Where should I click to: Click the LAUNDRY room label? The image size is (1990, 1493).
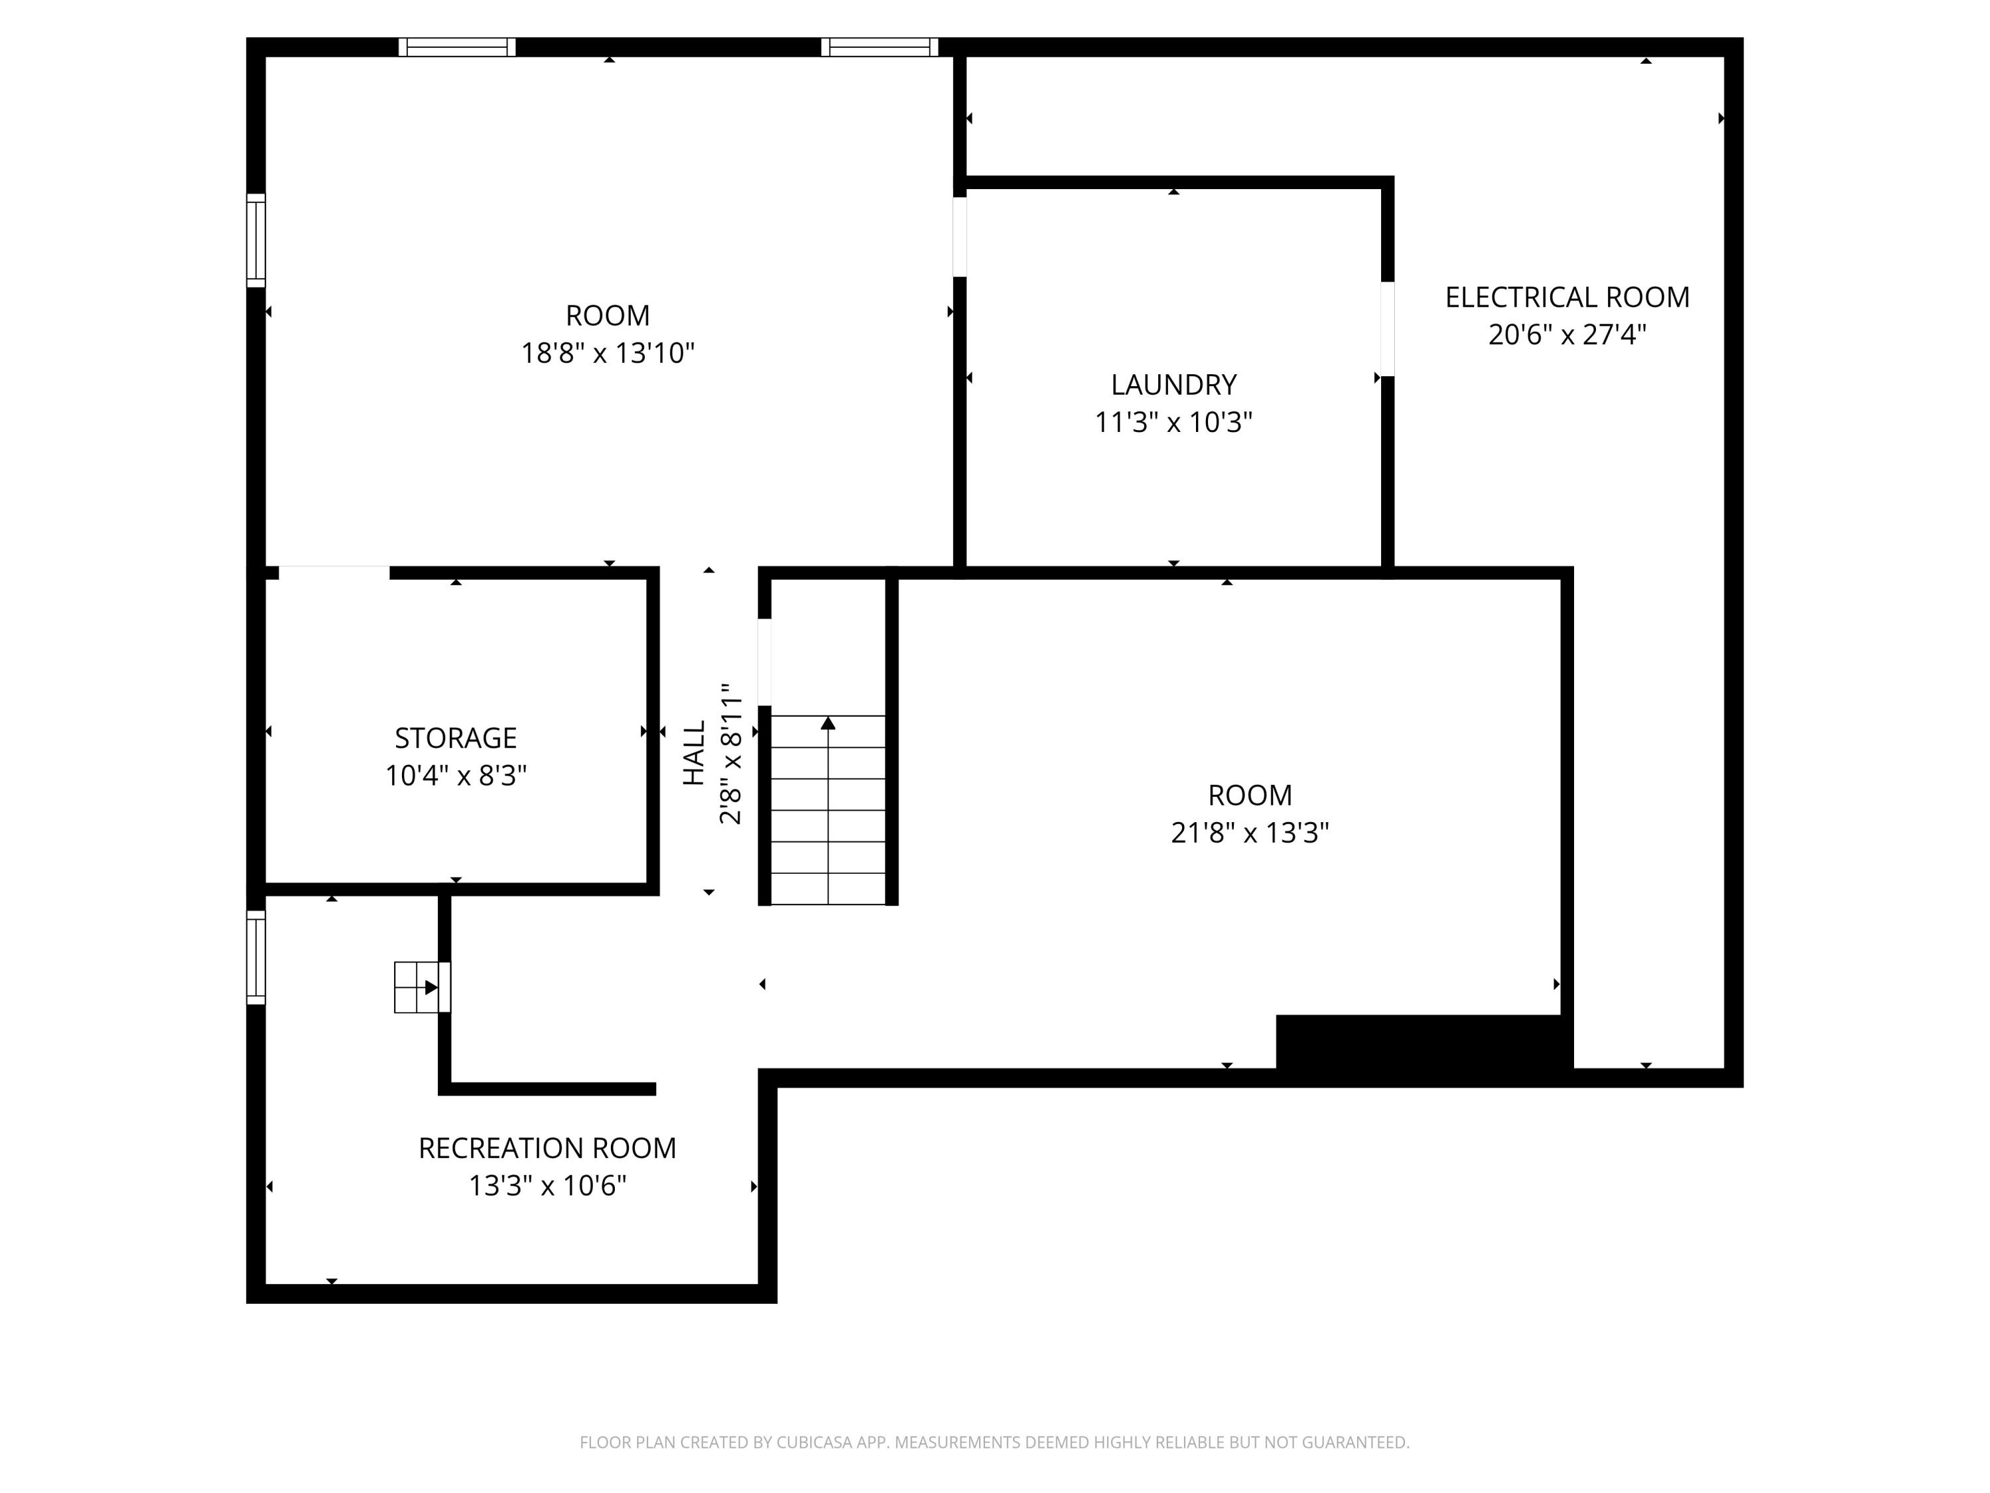[1173, 384]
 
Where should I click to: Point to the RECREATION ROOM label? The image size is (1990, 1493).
[547, 1149]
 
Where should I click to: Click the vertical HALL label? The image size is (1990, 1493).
[694, 753]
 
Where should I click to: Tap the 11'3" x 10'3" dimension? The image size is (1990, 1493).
[1173, 422]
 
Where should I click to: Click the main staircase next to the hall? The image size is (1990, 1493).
[828, 810]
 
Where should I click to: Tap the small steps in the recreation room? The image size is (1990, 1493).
[417, 987]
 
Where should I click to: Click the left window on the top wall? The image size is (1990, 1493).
[457, 47]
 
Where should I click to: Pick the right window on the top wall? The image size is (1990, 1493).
[879, 47]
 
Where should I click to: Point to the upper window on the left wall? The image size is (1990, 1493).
[257, 240]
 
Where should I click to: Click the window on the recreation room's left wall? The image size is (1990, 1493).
[257, 957]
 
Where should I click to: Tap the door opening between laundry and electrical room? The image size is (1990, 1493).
[1387, 328]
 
